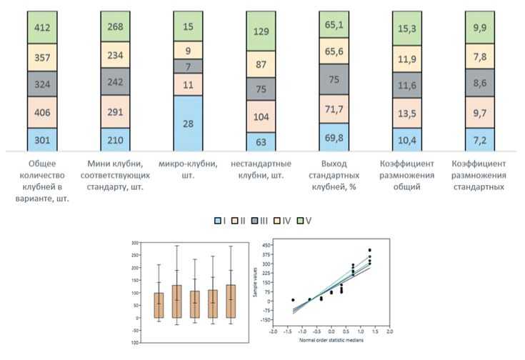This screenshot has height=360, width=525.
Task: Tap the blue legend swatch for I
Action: [218, 221]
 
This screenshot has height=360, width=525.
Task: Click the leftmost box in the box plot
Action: [159, 304]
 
